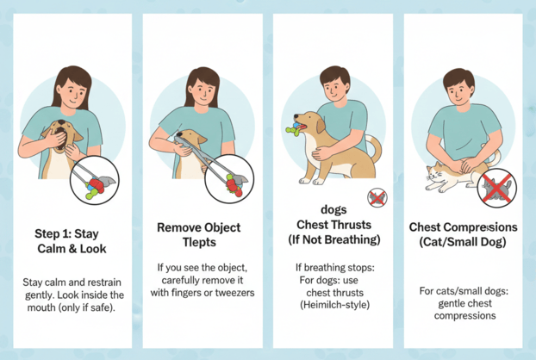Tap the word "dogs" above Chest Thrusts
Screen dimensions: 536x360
click(333, 209)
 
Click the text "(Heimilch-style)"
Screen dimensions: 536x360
click(335, 304)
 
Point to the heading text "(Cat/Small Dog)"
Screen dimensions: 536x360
click(463, 242)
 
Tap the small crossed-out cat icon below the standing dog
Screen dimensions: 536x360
click(377, 198)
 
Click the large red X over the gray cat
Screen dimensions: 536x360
click(497, 187)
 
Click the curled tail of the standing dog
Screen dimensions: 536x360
click(375, 147)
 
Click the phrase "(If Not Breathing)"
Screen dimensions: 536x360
click(334, 239)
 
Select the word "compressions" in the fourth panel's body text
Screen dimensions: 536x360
click(464, 315)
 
